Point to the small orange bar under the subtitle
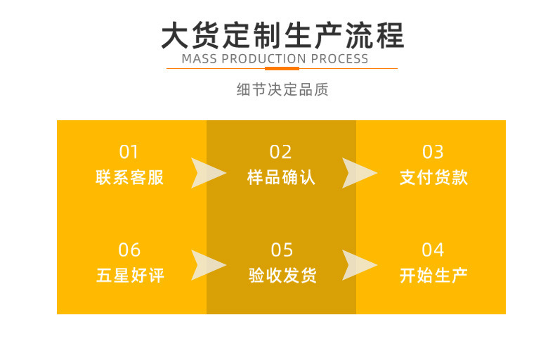click(x=281, y=68)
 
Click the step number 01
click(x=129, y=152)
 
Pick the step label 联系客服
click(x=130, y=177)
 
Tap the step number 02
click(x=281, y=152)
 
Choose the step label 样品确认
click(x=282, y=177)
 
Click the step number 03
click(x=433, y=152)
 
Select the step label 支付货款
click(x=433, y=177)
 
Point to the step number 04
click(x=433, y=250)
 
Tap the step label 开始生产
click(x=433, y=275)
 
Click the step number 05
click(x=282, y=250)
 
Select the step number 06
click(x=129, y=250)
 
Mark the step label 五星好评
click(x=130, y=275)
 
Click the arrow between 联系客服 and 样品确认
click(x=207, y=173)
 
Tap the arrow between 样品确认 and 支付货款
click(x=358, y=173)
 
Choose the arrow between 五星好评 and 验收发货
click(x=207, y=265)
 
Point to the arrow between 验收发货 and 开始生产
click(x=358, y=265)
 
